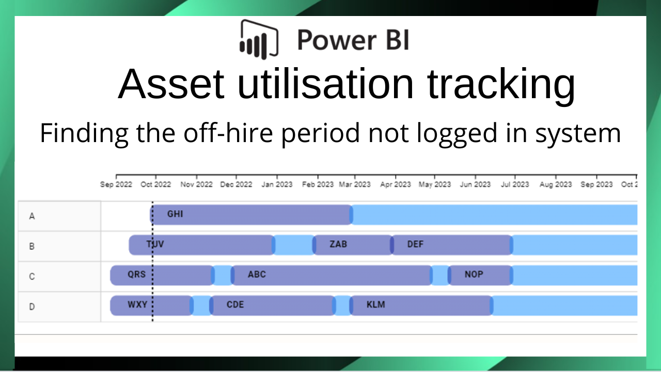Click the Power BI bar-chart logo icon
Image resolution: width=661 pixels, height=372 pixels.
coord(259,38)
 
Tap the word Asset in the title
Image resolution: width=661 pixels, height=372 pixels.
coord(171,84)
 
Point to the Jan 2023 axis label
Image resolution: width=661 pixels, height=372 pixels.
coord(276,184)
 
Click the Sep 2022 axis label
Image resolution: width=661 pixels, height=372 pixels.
coord(116,184)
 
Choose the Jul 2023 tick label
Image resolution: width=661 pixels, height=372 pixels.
coord(514,184)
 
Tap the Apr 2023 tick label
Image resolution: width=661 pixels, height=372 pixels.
coord(395,184)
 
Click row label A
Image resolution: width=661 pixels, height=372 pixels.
coord(32,216)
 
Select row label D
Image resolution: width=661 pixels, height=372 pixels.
coord(32,306)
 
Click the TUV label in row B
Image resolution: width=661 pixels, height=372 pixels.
coord(155,244)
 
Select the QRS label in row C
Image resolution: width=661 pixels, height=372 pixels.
coord(137,274)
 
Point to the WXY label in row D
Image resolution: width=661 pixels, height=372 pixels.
coord(137,304)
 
